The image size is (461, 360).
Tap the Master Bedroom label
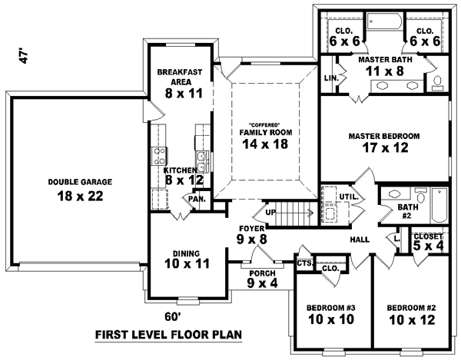click(384, 136)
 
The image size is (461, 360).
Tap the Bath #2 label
click(407, 212)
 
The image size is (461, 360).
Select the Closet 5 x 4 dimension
click(427, 246)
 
